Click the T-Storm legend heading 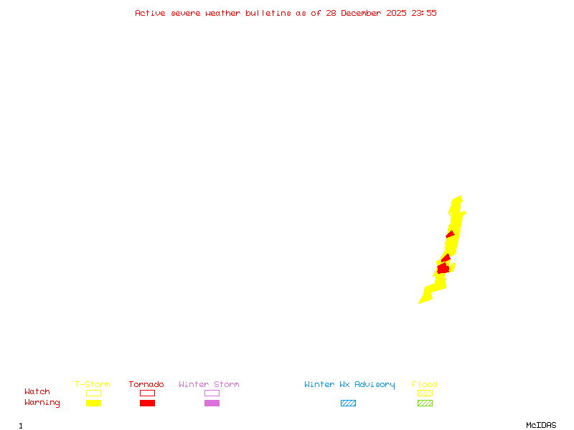click(x=93, y=385)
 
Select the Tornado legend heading click(x=146, y=385)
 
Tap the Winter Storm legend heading click(x=209, y=385)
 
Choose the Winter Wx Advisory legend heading click(x=349, y=385)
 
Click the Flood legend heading click(x=425, y=385)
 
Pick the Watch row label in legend click(x=37, y=392)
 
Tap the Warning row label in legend click(x=42, y=403)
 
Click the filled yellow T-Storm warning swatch click(x=93, y=403)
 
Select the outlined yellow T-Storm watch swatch click(x=93, y=393)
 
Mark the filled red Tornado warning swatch click(x=147, y=403)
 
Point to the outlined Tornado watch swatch click(x=147, y=393)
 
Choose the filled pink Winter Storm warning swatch click(x=212, y=403)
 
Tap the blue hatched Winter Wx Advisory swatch click(x=348, y=403)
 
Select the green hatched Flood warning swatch click(x=425, y=403)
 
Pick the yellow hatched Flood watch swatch click(x=425, y=393)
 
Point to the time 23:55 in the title click(x=423, y=13)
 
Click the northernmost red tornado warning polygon click(x=451, y=234)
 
